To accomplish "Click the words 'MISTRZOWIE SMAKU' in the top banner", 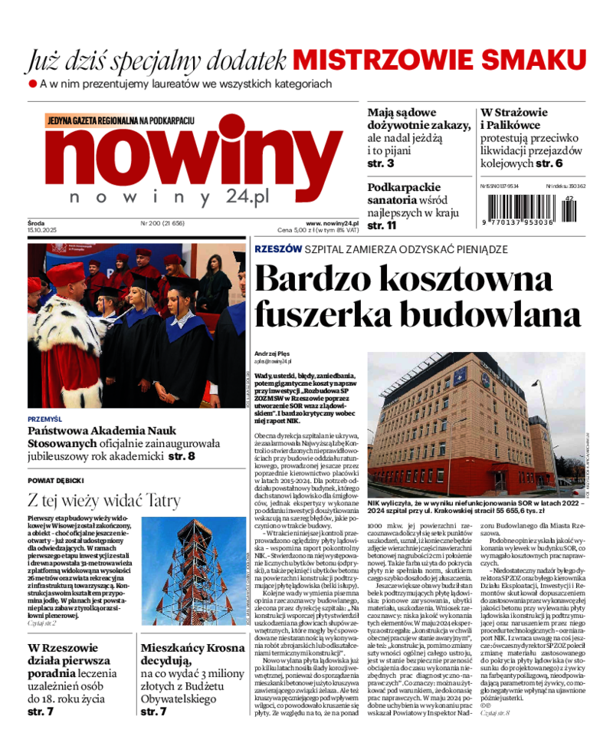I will coord(434,60).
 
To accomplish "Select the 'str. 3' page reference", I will coord(381,163).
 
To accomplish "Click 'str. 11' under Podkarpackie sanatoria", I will coord(382,225).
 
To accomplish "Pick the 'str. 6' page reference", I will coord(549,163).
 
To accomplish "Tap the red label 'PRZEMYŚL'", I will coord(44,419).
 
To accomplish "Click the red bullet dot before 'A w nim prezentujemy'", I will coord(33,83).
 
